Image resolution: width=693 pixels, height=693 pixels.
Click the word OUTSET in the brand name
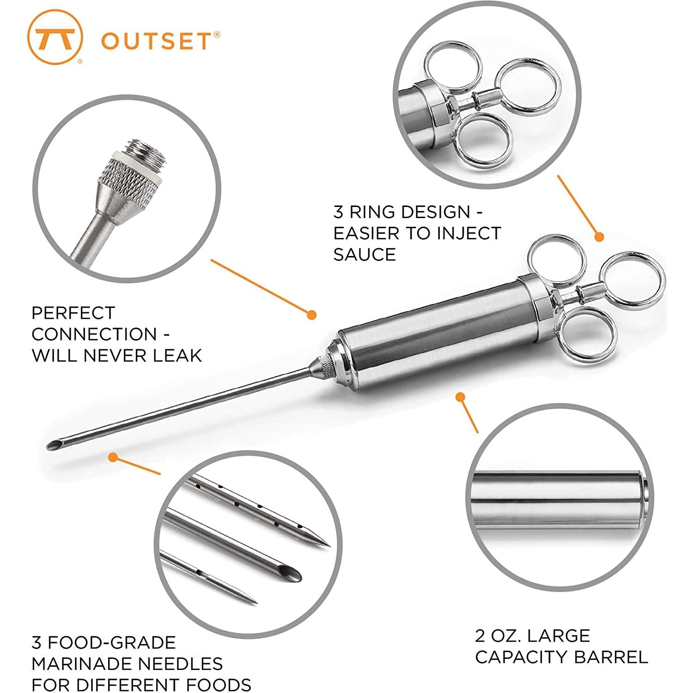click(155, 41)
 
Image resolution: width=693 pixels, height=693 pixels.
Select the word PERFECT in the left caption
click(73, 313)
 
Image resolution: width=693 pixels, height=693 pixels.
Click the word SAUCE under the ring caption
click(365, 255)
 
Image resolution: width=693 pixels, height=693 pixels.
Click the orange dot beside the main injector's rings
click(599, 237)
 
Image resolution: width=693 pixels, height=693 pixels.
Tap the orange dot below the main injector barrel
click(460, 397)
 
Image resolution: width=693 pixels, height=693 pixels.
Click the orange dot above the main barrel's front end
click(312, 315)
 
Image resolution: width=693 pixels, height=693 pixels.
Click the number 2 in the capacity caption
click(480, 636)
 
